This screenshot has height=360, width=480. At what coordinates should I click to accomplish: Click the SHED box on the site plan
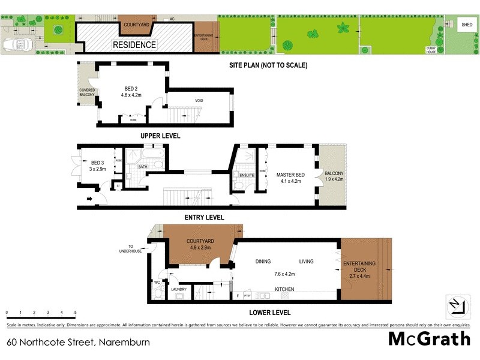466,25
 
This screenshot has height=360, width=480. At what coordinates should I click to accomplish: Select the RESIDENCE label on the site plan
135,44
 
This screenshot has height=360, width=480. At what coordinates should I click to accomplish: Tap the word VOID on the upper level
199,100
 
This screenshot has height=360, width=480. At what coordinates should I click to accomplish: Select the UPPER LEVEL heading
160,136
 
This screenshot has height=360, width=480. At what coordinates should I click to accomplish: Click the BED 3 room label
98,166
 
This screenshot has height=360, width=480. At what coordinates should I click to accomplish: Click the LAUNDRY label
179,289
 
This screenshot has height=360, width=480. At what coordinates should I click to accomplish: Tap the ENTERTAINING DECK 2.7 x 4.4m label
359,270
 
